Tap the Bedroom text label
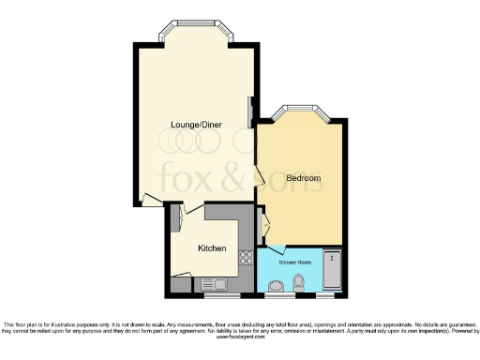pos(304,178)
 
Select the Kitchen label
pos(212,248)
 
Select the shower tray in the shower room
pos(331,270)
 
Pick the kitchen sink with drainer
pos(211,283)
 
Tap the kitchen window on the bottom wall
pos(222,296)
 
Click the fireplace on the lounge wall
pos(249,112)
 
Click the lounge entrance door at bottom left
pos(150,200)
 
